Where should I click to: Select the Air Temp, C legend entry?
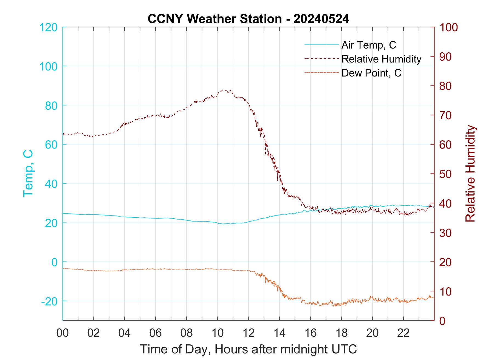tap(369, 45)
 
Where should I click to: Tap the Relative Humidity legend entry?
tap(381, 59)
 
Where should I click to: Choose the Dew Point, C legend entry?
tap(371, 73)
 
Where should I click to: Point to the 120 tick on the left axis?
tap(48, 27)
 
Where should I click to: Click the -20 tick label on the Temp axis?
tap(49, 302)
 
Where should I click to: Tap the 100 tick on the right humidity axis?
tap(449, 27)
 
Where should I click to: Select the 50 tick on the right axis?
tap(446, 174)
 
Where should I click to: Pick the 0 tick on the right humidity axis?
tap(443, 321)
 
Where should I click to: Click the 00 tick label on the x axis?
tap(63, 333)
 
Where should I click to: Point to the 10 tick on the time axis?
tap(218, 333)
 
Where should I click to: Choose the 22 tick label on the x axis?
tap(403, 333)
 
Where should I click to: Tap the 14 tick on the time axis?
tap(279, 333)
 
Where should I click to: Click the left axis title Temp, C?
tap(28, 173)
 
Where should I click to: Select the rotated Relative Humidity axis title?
tap(470, 173)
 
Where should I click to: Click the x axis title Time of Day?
tap(248, 349)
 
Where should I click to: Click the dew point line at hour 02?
tap(94, 271)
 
